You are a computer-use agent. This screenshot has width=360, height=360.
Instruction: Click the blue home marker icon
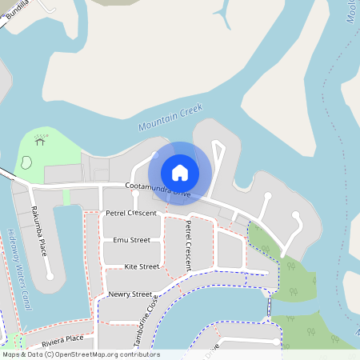coord(180,172)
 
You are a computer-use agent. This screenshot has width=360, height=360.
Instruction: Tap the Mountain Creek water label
coord(170,117)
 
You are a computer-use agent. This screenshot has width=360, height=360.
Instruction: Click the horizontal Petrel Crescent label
coord(131,214)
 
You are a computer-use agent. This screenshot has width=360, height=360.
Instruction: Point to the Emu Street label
coord(131,240)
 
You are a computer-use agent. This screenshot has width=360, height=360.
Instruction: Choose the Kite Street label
coord(142,266)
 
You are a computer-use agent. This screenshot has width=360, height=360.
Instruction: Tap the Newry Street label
coord(130,294)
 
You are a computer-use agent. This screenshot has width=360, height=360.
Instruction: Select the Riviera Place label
coord(63,339)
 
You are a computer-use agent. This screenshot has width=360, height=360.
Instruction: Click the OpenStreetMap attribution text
coord(80,354)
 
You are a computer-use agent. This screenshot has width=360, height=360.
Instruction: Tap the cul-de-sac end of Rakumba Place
coord(50,276)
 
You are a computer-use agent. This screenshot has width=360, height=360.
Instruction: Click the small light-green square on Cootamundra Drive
coord(66,197)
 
